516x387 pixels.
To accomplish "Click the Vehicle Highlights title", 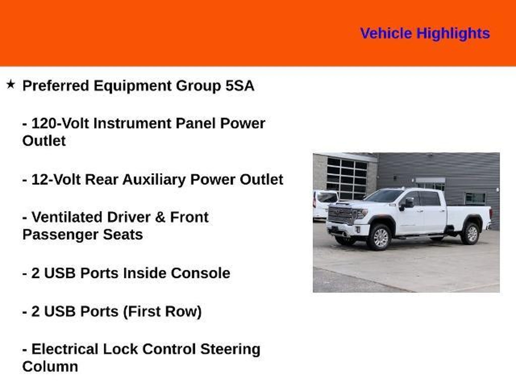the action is pos(425,34).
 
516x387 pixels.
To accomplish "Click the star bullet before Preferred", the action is pos(11,84).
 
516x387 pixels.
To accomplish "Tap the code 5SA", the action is pos(240,86).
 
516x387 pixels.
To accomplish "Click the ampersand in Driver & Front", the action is pos(160,217).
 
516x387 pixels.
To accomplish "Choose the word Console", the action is pos(200,273).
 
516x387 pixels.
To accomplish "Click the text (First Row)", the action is pos(162,312).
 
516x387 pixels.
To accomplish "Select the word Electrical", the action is pos(65,349).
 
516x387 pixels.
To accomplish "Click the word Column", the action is pos(50,367).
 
